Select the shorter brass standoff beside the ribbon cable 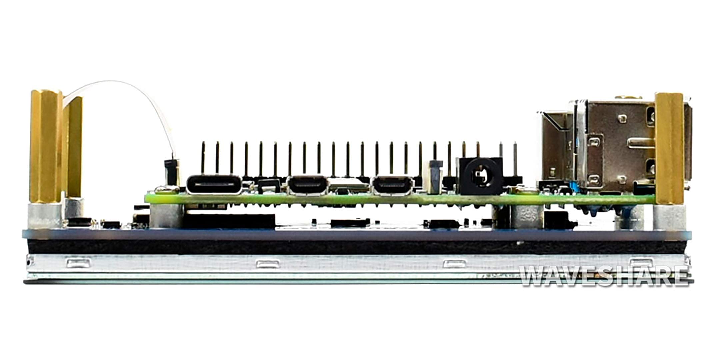[75, 147]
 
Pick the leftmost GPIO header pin [203, 158]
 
